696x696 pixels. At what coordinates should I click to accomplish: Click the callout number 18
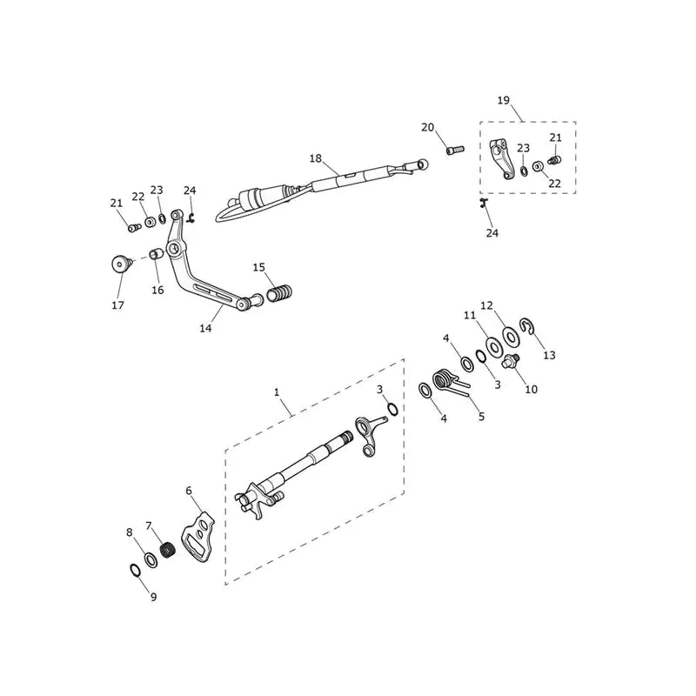[316, 158]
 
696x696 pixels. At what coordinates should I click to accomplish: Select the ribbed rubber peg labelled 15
[279, 294]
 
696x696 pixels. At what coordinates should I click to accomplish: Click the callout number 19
[504, 100]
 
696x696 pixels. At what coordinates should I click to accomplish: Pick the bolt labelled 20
[454, 150]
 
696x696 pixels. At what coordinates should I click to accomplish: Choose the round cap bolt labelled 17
[121, 264]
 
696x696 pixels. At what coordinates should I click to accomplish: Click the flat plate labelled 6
[198, 535]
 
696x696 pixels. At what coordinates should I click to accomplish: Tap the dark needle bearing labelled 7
[168, 551]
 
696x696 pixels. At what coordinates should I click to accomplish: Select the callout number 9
[154, 597]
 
